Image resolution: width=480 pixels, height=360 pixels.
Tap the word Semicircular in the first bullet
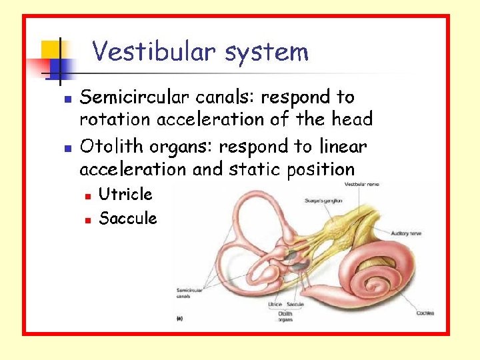pyautogui.click(x=135, y=97)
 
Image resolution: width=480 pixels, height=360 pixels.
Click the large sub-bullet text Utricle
pyautogui.click(x=125, y=194)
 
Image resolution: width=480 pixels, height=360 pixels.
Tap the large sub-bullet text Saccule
pyautogui.click(x=127, y=218)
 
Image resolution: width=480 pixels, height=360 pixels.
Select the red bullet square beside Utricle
pyautogui.click(x=87, y=195)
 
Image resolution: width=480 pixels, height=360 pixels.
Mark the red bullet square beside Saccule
pyautogui.click(x=87, y=219)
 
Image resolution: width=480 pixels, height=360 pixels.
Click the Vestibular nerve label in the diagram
pyautogui.click(x=361, y=184)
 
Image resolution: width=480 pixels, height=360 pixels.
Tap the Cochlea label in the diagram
pyautogui.click(x=425, y=312)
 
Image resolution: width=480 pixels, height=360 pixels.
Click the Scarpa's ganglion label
pyautogui.click(x=323, y=200)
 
